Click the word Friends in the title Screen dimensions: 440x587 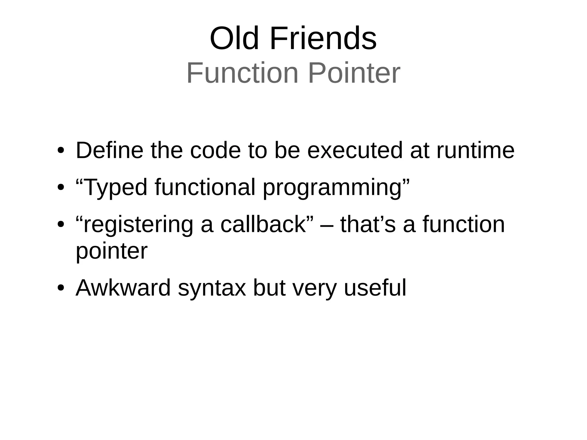(323, 39)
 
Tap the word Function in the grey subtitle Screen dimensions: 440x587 (242, 73)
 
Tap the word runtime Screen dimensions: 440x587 (476, 150)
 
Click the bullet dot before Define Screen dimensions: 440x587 (60, 150)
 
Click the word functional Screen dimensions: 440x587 (205, 187)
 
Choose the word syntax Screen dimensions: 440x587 (212, 288)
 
